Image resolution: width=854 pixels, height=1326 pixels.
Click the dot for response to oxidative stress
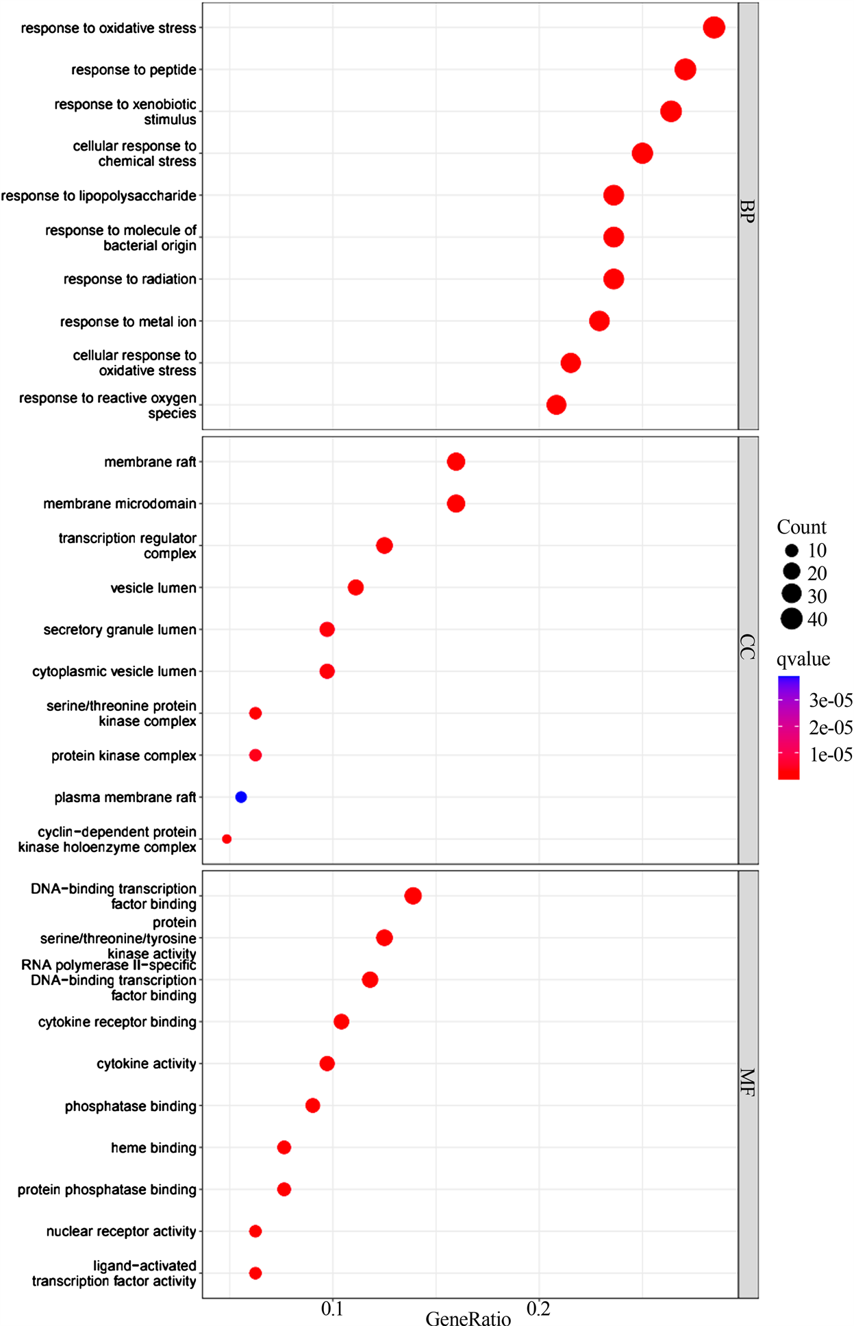[x=714, y=28]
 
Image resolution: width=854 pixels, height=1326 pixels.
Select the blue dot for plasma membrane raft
[x=241, y=797]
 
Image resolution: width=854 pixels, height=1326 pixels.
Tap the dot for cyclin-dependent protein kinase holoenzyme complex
[x=227, y=839]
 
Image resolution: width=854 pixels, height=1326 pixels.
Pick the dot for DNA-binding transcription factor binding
[x=413, y=896]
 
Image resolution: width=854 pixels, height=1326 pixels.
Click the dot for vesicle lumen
[x=355, y=588]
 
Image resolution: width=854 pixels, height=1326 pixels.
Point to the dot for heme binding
[x=284, y=1147]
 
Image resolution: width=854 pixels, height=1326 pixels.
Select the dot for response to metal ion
[x=599, y=321]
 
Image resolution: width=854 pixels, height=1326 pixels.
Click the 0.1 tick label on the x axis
[x=332, y=1309]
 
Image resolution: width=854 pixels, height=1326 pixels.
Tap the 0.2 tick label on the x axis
[x=538, y=1309]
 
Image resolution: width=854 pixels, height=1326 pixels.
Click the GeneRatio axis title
[x=468, y=1319]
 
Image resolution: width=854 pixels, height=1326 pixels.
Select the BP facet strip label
[x=748, y=212]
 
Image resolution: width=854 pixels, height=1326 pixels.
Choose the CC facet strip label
[x=748, y=647]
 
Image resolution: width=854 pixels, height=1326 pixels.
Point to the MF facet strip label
[x=748, y=1083]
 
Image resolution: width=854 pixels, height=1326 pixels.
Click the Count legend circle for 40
[x=792, y=619]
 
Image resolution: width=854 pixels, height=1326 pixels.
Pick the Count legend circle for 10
[x=792, y=550]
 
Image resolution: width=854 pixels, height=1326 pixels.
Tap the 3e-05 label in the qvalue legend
[x=831, y=700]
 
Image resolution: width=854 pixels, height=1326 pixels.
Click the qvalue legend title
[x=803, y=659]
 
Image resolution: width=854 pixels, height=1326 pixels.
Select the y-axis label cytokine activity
[x=147, y=1064]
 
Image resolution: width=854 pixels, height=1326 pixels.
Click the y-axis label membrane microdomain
[x=120, y=504]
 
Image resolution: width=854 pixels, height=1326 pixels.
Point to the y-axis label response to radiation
[x=130, y=279]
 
